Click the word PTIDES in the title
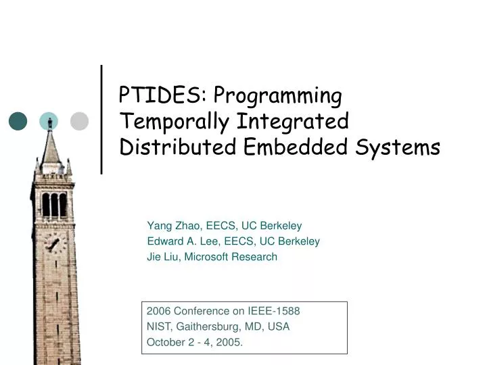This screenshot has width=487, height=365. tap(159, 96)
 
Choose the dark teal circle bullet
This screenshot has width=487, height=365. tap(18, 121)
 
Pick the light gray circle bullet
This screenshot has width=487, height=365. tap(80, 121)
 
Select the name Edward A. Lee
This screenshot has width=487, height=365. tap(181, 241)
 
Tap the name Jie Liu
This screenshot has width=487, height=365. tap(162, 257)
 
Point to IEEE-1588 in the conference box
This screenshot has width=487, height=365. tap(274, 312)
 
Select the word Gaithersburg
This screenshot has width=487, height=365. tap(209, 327)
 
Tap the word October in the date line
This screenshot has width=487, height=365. tap(165, 343)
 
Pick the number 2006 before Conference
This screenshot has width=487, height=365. tap(158, 312)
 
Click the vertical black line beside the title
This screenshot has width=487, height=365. tap(101, 120)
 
